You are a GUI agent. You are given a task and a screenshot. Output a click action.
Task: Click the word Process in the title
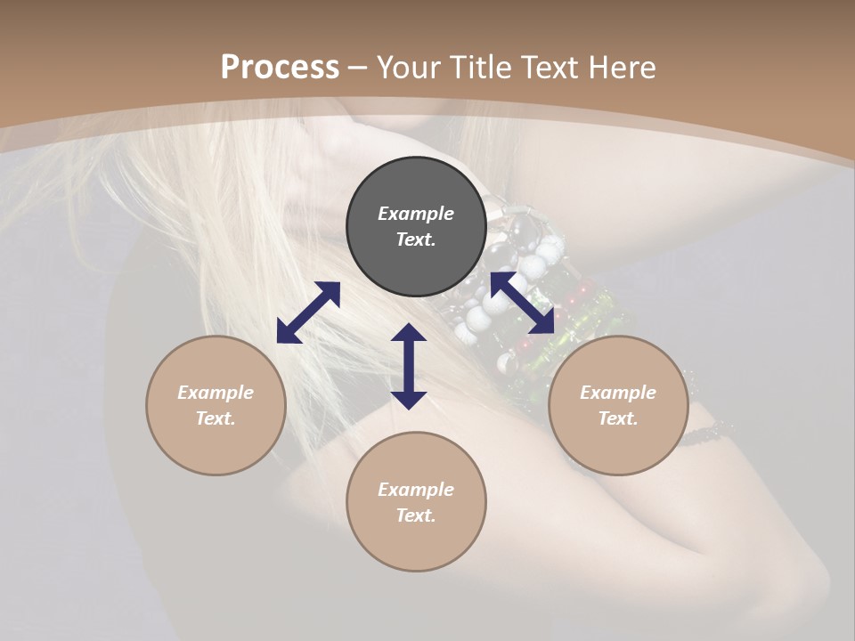tap(280, 67)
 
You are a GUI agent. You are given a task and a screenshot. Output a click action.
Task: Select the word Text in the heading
tap(549, 67)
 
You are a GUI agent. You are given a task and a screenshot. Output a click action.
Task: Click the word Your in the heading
tap(411, 67)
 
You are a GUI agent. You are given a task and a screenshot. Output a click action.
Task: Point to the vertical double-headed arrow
tap(409, 366)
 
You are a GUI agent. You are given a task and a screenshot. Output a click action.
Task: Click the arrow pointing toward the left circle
tap(308, 312)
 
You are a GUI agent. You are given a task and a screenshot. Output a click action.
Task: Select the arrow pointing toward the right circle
tap(522, 302)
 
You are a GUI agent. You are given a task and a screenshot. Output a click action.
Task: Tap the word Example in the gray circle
tap(416, 214)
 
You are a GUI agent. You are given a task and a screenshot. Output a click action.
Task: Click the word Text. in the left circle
tap(216, 418)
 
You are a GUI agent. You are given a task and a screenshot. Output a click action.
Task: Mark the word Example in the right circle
tap(618, 393)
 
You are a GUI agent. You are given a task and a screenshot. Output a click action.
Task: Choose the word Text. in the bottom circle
tap(416, 515)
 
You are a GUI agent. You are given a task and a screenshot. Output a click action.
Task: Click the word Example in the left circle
tap(216, 393)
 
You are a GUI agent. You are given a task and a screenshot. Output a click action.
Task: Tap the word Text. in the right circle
tap(618, 418)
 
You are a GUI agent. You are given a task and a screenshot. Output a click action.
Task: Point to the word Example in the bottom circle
tap(416, 490)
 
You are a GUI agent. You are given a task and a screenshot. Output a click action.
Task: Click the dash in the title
tap(358, 68)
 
